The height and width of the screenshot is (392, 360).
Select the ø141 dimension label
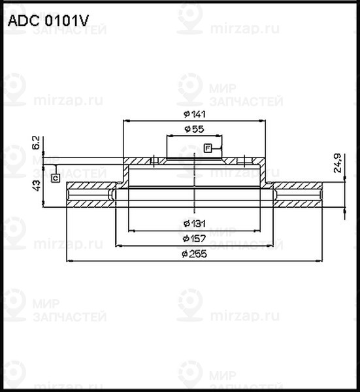tap(195, 115)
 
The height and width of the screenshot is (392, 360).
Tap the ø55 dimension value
tap(194, 130)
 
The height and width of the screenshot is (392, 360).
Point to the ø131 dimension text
tap(194, 223)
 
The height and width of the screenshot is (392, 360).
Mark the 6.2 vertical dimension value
tap(36, 143)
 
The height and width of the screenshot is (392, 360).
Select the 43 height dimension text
tap(36, 184)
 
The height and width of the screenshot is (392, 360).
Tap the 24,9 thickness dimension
tap(337, 163)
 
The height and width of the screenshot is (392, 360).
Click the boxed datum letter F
tap(208, 148)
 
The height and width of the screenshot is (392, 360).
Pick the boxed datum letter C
tap(56, 177)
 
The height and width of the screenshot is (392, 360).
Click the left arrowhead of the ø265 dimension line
tap(70, 260)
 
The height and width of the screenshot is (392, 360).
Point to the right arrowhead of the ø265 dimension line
tap(321, 260)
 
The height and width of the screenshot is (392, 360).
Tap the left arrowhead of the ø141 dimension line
tap(126, 122)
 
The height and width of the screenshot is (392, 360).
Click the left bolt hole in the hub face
tap(152, 160)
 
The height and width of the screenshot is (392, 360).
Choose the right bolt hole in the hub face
tap(244, 160)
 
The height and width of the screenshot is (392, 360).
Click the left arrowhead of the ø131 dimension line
tap(130, 230)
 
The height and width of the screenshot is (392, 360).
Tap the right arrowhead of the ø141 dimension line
tap(263, 122)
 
